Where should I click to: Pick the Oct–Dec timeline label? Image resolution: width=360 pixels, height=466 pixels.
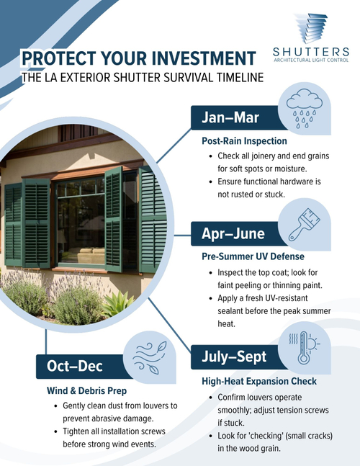tap(76, 366)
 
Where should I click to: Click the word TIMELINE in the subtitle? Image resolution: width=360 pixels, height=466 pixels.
tap(235, 77)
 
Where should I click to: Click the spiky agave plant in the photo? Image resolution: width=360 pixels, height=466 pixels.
tap(117, 303)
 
